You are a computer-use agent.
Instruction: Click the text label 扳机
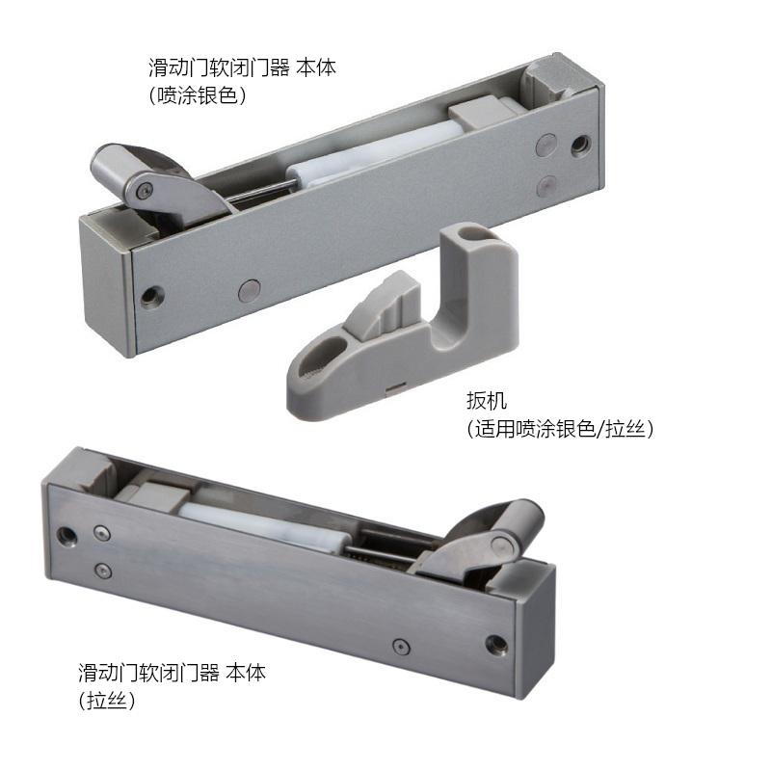(x=487, y=401)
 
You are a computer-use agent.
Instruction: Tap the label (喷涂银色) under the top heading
(x=198, y=94)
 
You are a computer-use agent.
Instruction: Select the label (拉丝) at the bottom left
(x=106, y=700)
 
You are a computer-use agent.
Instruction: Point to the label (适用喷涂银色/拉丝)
(x=560, y=429)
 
